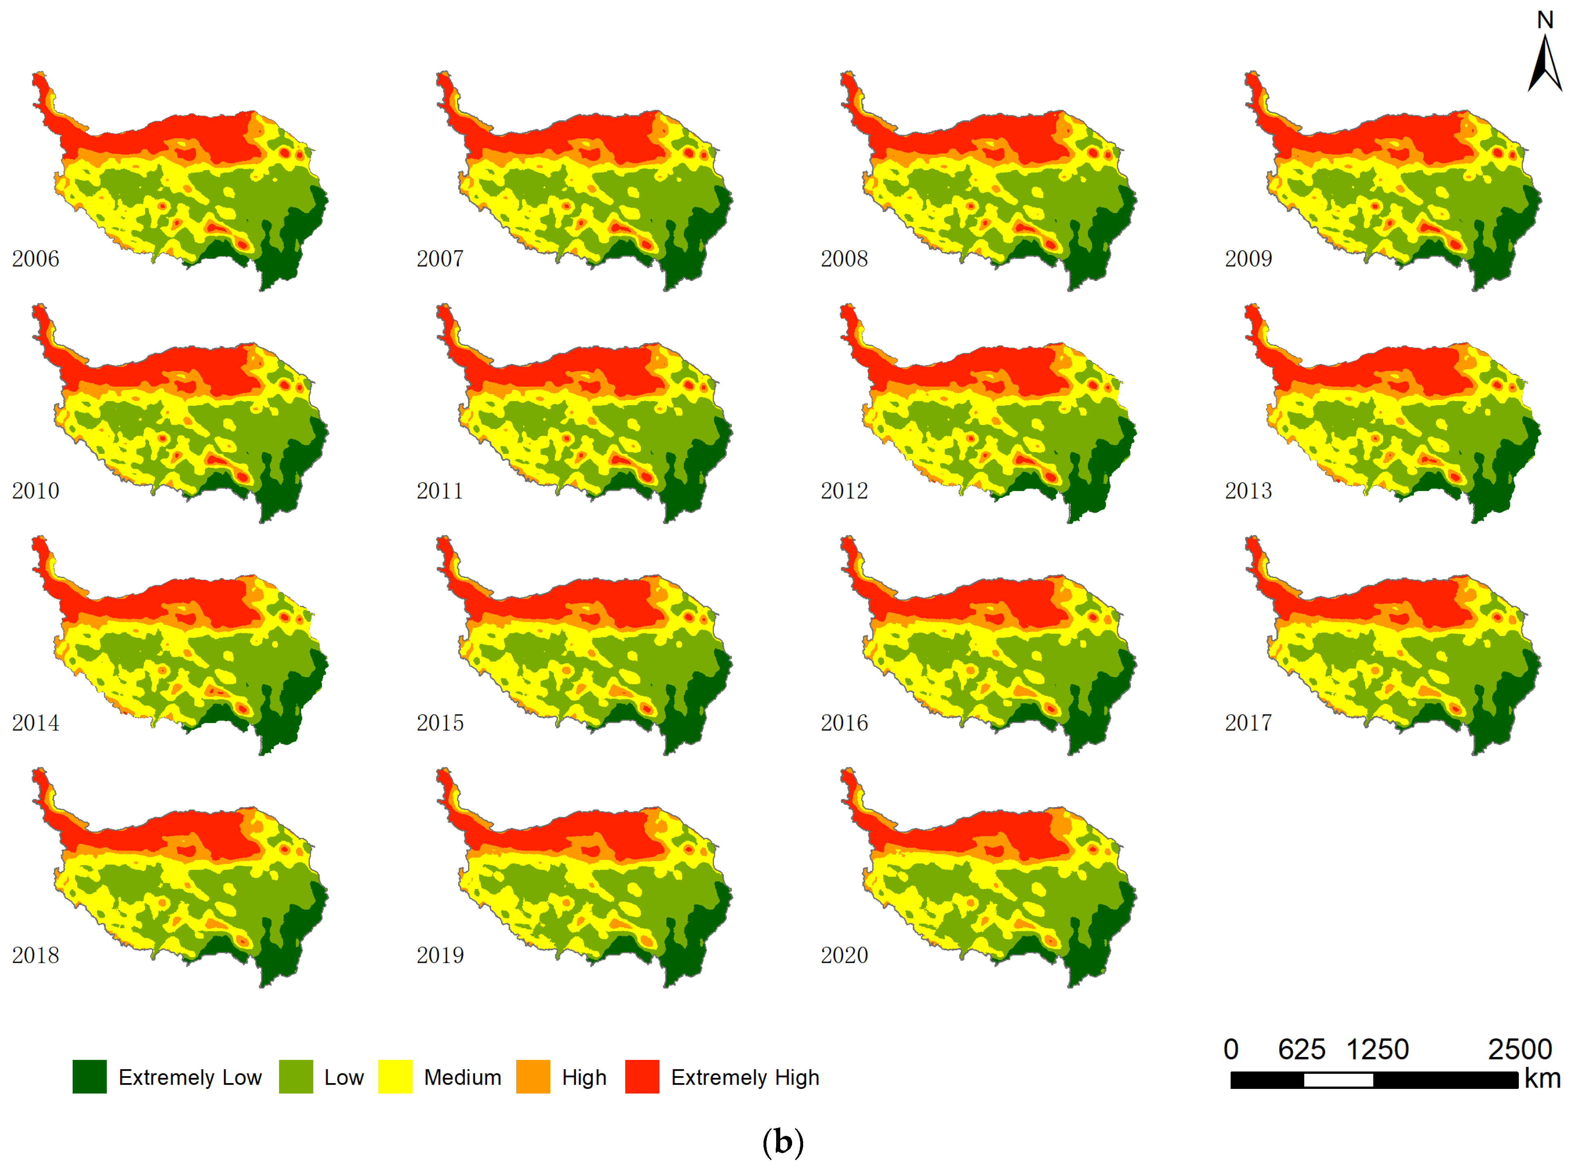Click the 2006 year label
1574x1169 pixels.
[x=36, y=259]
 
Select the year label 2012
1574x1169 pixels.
[x=844, y=491]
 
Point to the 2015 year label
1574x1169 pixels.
[x=440, y=723]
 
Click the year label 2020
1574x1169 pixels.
[x=844, y=955]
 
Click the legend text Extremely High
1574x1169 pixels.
[x=745, y=1078]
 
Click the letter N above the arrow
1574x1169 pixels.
[x=1545, y=20]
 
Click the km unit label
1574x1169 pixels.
[x=1542, y=1079]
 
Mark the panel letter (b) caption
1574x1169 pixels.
[x=783, y=1142]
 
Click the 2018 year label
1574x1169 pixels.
[x=36, y=955]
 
